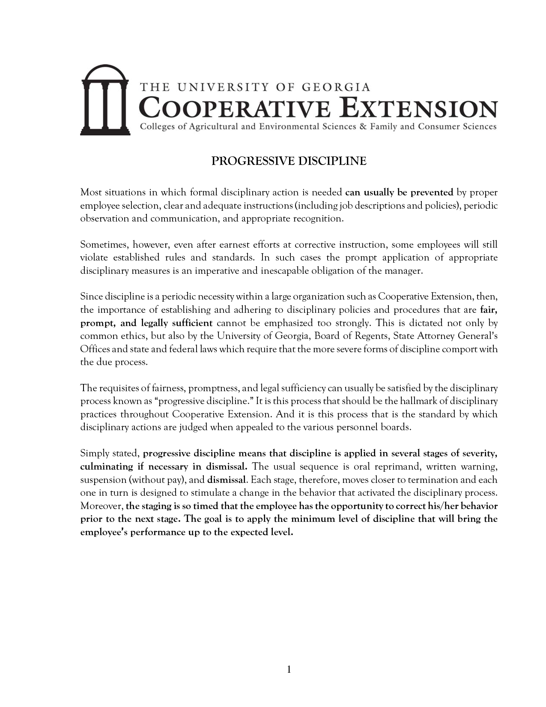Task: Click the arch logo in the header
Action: point(105,100)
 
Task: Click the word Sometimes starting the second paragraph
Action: point(104,245)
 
